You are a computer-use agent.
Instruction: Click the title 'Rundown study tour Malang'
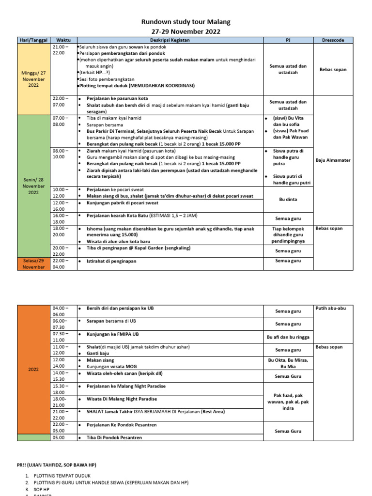[186, 22]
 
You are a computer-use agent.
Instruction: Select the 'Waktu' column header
[63, 40]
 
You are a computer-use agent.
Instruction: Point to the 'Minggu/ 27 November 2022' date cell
[33, 79]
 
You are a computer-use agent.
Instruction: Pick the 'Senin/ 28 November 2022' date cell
[33, 186]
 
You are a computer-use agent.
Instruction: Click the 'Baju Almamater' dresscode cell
[333, 160]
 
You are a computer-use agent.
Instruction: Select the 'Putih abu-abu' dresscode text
[331, 308]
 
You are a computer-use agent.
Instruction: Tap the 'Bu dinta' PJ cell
[288, 199]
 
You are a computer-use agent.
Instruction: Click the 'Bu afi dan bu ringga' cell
[288, 337]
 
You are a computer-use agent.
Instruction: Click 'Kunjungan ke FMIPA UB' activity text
[112, 334]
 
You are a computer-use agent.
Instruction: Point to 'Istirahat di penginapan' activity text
[111, 261]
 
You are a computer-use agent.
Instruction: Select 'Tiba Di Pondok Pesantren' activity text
[114, 438]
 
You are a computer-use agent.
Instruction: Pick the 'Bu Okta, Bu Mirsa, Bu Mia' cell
[288, 363]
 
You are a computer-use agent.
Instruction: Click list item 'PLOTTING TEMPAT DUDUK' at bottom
[62, 476]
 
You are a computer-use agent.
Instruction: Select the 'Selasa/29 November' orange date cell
[33, 263]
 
